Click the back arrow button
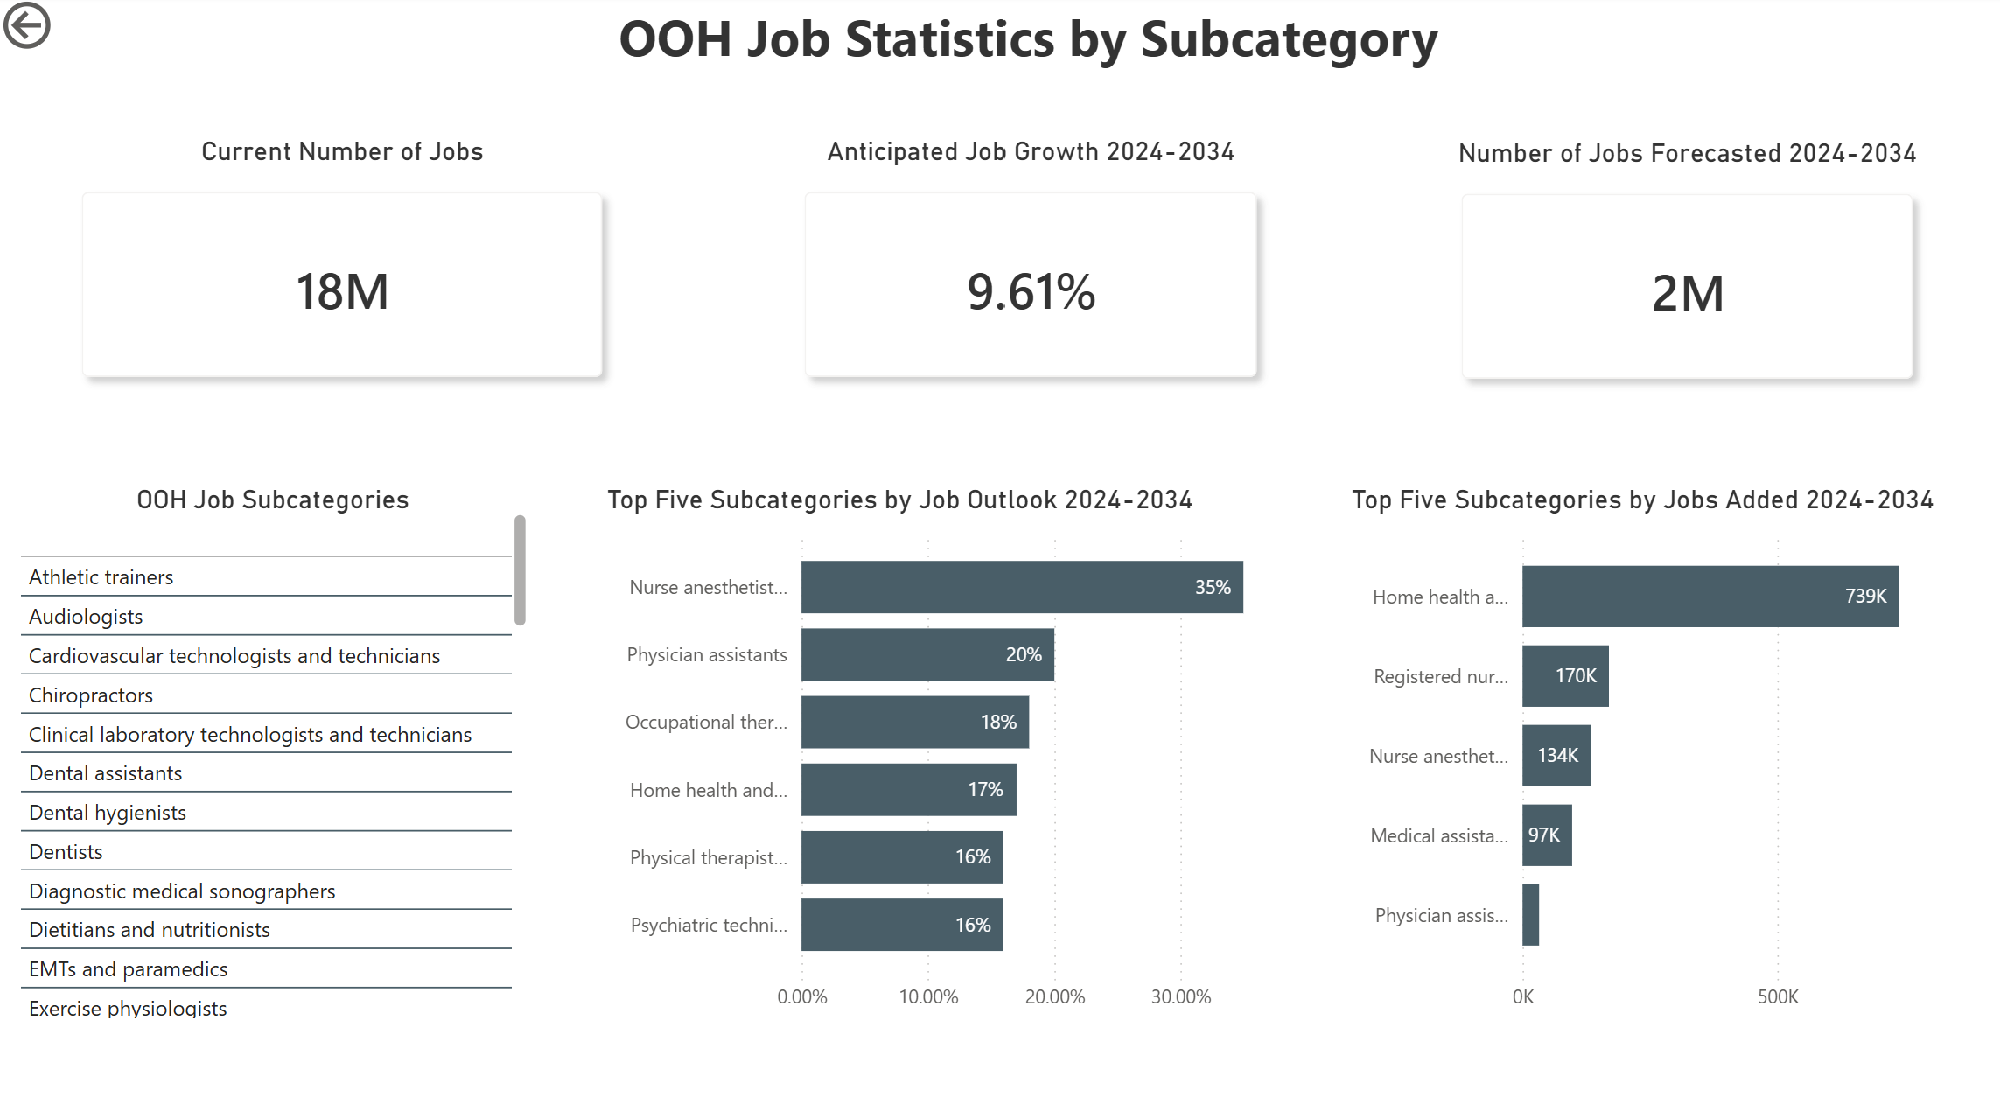pyautogui.click(x=26, y=24)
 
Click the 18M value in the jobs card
pyautogui.click(x=342, y=291)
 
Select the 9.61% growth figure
pyautogui.click(x=1031, y=291)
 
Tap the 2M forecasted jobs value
pyautogui.click(x=1688, y=293)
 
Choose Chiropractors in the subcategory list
pyautogui.click(x=91, y=695)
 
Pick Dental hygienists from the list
pyautogui.click(x=108, y=812)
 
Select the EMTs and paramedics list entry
pyautogui.click(x=128, y=968)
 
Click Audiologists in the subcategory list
pyautogui.click(x=86, y=616)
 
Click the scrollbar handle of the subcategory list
pyautogui.click(x=520, y=570)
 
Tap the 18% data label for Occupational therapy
pyautogui.click(x=998, y=722)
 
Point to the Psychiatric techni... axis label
pyautogui.click(x=709, y=925)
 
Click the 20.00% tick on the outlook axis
pyautogui.click(x=1054, y=996)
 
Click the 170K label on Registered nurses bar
pyautogui.click(x=1576, y=675)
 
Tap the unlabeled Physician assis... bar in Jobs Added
pyautogui.click(x=1530, y=914)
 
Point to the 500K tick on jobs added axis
pyautogui.click(x=1778, y=996)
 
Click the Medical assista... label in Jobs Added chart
pyautogui.click(x=1439, y=835)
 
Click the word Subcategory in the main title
pyautogui.click(x=1289, y=39)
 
